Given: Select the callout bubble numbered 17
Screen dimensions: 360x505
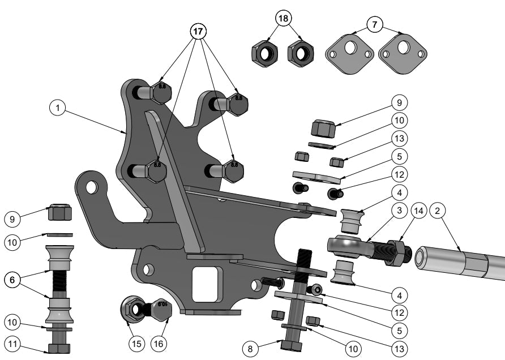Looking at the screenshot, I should click(x=198, y=32).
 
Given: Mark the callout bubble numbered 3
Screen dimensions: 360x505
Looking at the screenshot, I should click(x=399, y=211).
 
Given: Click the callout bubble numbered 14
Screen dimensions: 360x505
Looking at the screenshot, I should click(x=419, y=211).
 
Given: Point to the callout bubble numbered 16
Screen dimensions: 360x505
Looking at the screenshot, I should click(x=160, y=343).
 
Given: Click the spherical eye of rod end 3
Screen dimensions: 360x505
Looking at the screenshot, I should click(x=345, y=245).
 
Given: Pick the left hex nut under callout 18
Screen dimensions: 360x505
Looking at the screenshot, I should click(x=264, y=54).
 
